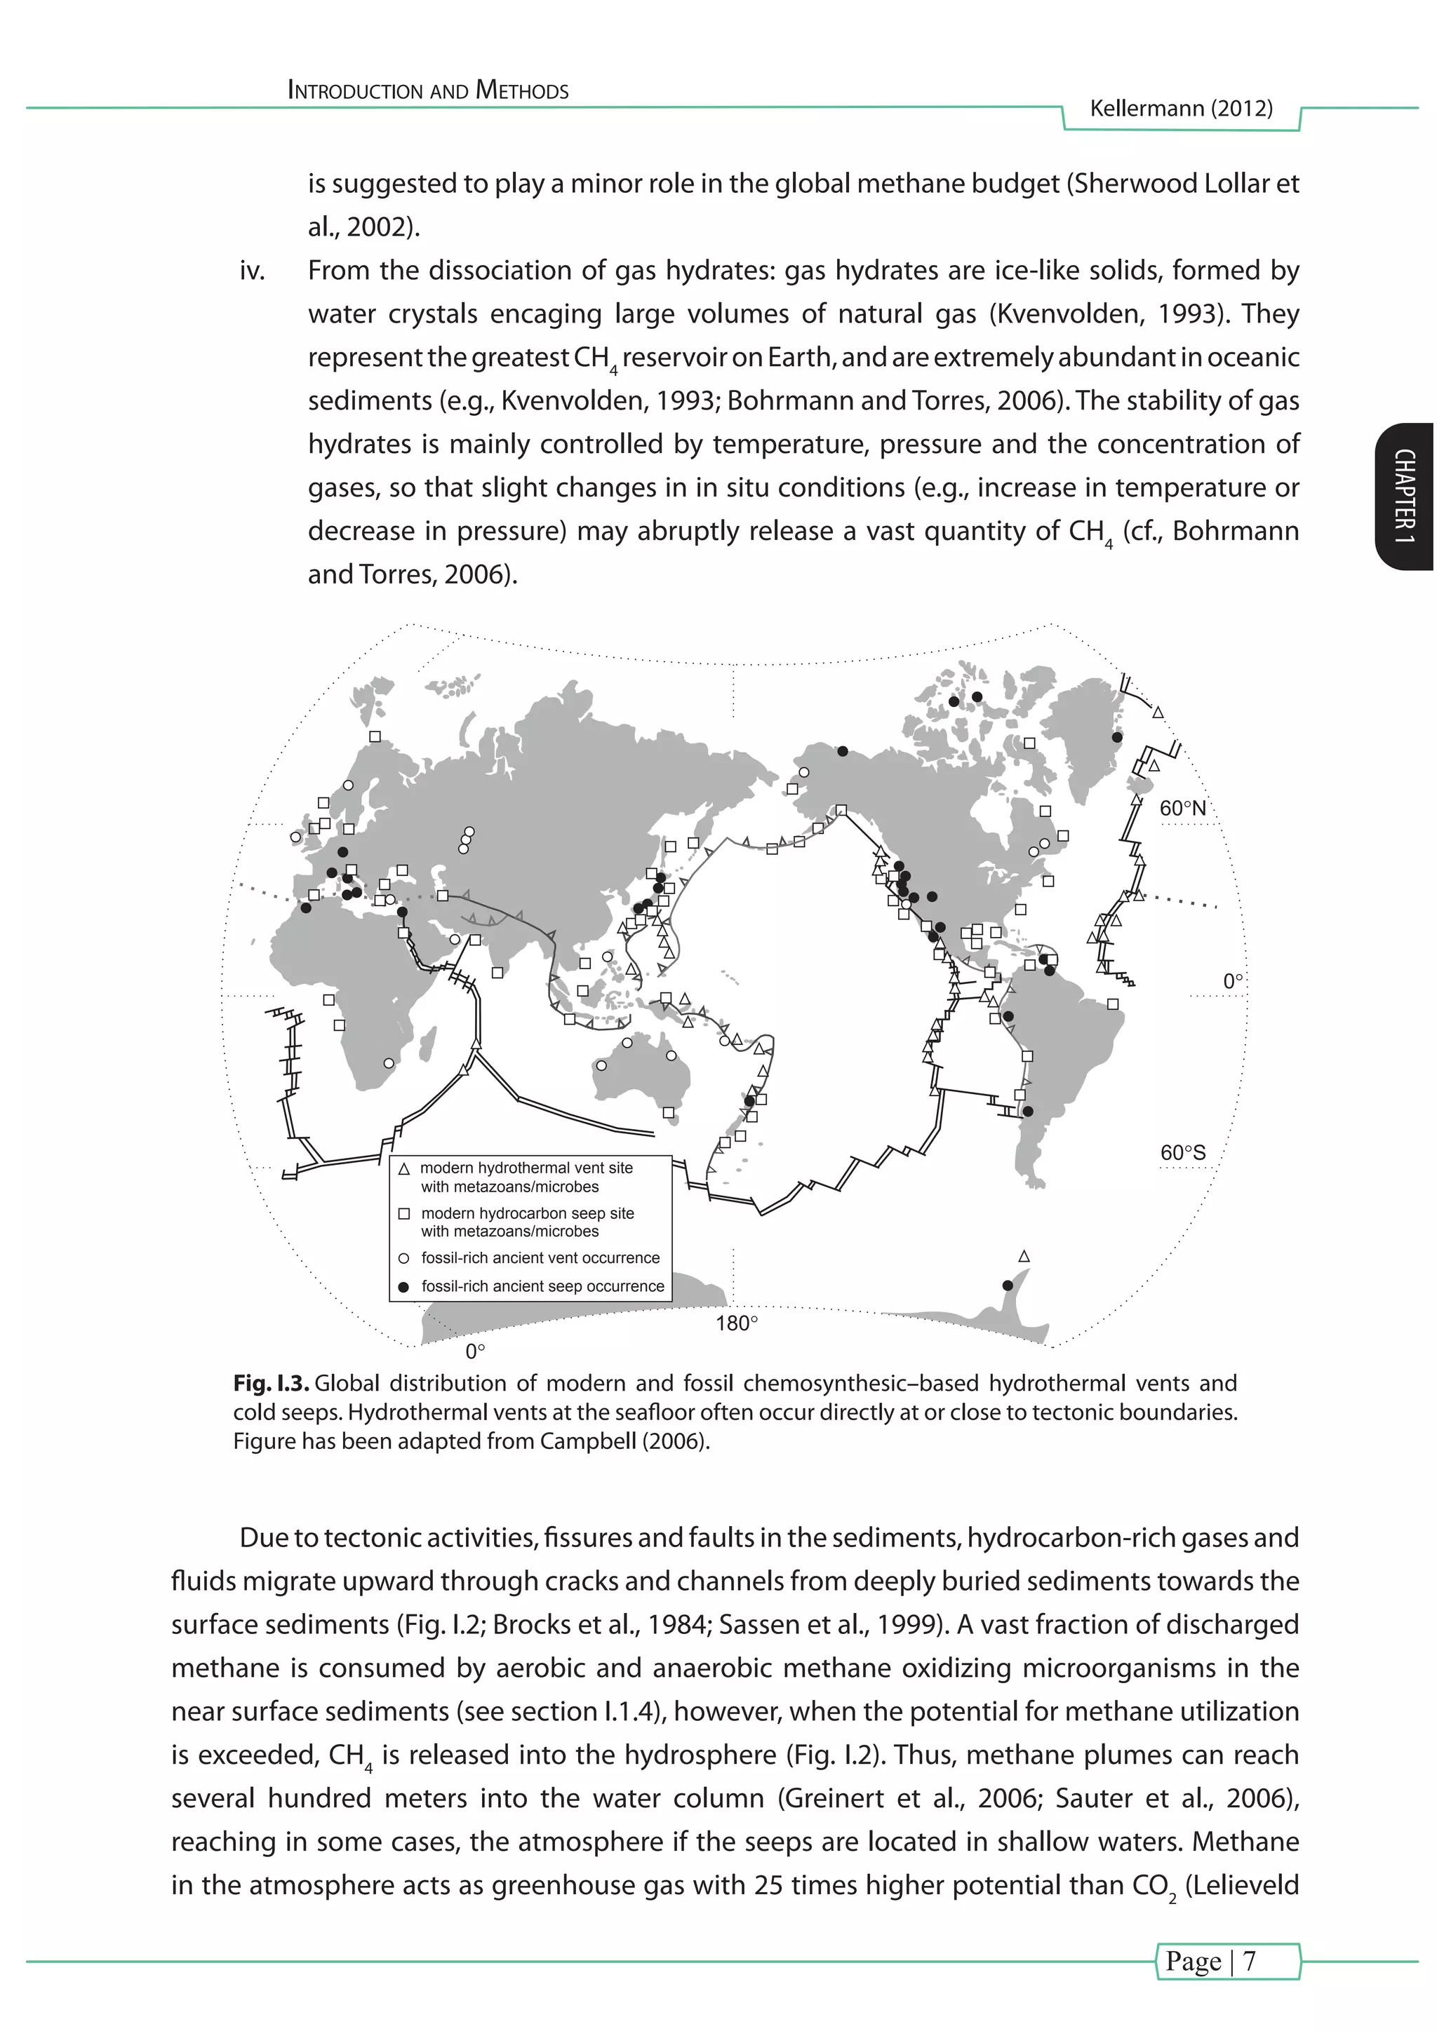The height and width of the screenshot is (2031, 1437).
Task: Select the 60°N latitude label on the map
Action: (x=1182, y=808)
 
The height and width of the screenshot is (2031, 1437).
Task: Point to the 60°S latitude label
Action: (x=1182, y=1153)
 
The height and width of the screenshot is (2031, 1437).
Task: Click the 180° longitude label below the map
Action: (x=736, y=1323)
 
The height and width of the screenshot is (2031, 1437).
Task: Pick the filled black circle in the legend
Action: (x=404, y=1287)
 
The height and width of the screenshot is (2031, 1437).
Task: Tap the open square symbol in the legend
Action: (x=404, y=1215)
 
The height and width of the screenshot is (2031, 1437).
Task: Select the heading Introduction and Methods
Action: (x=428, y=90)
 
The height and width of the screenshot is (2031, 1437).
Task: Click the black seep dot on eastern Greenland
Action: (x=1116, y=737)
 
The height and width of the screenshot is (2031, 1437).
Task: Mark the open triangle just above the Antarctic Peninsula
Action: (x=1024, y=1256)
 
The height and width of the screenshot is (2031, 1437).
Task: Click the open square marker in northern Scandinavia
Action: (x=374, y=736)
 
